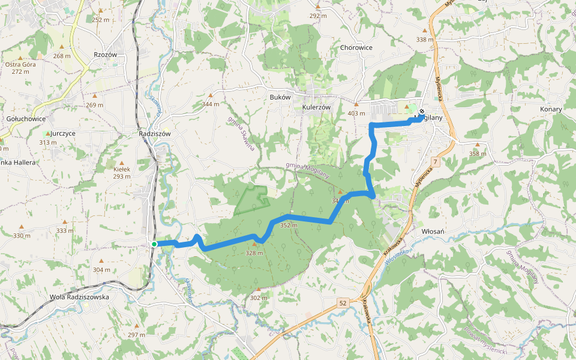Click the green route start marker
[x=154, y=244]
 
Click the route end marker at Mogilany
[x=422, y=111]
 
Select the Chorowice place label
[x=356, y=47]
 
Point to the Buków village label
[x=280, y=97]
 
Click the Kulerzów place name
[x=317, y=107]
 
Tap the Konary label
[x=551, y=109]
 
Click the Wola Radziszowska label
[x=79, y=296]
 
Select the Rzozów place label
[x=105, y=55]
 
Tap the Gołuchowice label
[x=26, y=119]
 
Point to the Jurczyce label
[x=63, y=133]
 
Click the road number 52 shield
[x=343, y=304]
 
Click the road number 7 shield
[x=434, y=162]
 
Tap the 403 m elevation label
[x=356, y=113]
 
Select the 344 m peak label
[x=211, y=104]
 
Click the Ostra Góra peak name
[x=20, y=64]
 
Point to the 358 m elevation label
[x=478, y=154]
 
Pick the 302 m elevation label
[x=259, y=298]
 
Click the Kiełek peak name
[x=122, y=169]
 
